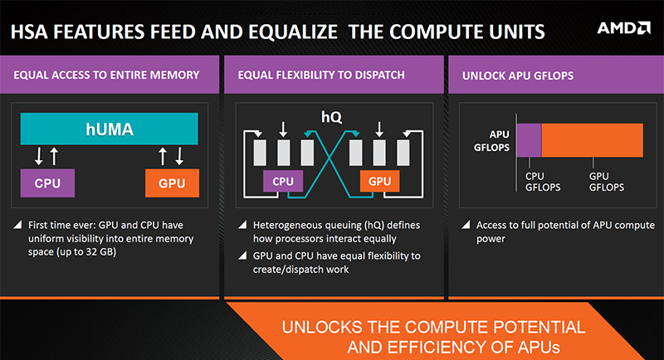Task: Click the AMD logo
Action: click(623, 28)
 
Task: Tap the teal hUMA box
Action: click(110, 129)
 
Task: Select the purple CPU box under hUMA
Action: click(47, 183)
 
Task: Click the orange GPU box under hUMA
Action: click(172, 183)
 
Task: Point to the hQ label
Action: click(331, 117)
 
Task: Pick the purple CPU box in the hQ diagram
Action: click(283, 181)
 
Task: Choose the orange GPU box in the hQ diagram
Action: click(379, 181)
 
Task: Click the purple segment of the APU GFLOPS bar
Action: click(529, 140)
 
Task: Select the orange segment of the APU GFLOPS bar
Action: click(592, 140)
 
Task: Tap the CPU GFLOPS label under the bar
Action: click(543, 182)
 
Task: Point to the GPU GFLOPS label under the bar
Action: click(607, 182)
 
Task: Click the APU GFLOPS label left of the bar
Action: click(491, 141)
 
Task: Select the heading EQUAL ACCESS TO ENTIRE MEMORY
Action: click(106, 75)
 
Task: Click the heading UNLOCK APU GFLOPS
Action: click(517, 75)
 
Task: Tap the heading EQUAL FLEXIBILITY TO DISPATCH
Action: click(321, 75)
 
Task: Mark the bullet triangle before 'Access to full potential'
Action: click(466, 224)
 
